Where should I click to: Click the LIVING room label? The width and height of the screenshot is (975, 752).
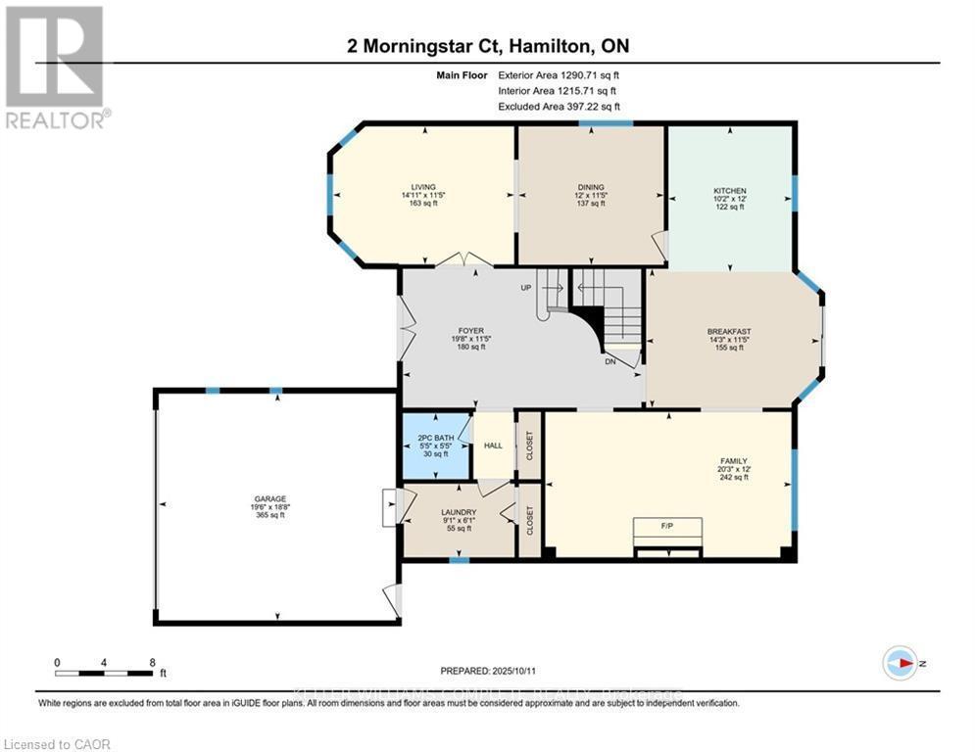point(423,187)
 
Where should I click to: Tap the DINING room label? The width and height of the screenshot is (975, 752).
point(591,187)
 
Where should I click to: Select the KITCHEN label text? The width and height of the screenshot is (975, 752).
point(729,191)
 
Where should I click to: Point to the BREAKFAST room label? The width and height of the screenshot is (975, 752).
point(729,332)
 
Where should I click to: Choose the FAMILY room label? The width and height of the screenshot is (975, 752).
point(734,460)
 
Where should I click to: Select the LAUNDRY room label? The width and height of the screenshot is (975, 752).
point(459,512)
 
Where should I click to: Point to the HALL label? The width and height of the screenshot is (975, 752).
point(493,446)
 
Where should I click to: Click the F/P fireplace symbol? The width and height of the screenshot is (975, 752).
point(666,527)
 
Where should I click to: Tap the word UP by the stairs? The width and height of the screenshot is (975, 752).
point(526,289)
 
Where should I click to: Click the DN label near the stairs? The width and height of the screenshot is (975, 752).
point(610,361)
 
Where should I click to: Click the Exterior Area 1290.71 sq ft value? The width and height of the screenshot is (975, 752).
point(560,74)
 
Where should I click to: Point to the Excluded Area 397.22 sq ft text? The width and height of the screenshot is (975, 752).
point(560,107)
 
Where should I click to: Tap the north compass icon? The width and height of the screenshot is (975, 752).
point(899,663)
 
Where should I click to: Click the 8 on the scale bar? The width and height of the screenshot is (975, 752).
point(152,662)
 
